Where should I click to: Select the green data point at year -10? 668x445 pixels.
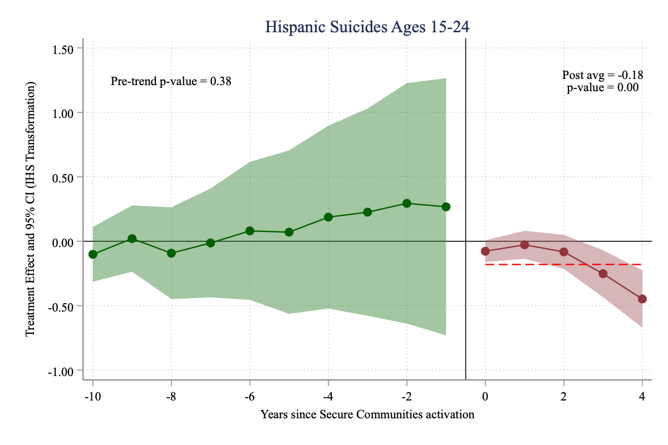tap(93, 254)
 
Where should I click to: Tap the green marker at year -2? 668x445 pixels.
tap(407, 204)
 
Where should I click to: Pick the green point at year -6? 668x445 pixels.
tap(250, 231)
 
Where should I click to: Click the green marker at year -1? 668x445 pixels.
tap(446, 207)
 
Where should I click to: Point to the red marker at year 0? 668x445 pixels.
tap(485, 251)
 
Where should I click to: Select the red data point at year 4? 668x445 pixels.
tap(642, 299)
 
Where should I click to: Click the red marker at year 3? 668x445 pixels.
tap(603, 274)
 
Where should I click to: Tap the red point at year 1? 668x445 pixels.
tap(524, 245)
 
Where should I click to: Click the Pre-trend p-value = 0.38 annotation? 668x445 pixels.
tap(171, 81)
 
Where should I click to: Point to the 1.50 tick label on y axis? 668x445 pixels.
tap(63, 48)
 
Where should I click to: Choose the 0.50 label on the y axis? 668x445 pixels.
tap(63, 177)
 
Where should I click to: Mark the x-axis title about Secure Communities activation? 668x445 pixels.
tap(367, 414)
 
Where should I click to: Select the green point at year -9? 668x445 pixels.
tap(132, 239)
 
